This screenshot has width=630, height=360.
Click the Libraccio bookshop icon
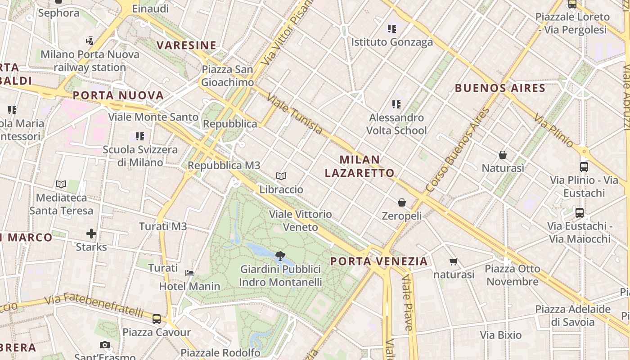pyautogui.click(x=281, y=176)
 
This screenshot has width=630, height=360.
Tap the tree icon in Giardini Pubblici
pyautogui.click(x=280, y=256)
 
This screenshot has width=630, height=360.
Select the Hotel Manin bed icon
pyautogui.click(x=189, y=273)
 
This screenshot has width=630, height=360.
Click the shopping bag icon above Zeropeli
pyautogui.click(x=402, y=203)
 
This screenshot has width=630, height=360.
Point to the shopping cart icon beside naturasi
pyautogui.click(x=453, y=261)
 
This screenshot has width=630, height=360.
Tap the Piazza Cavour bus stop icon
pyautogui.click(x=157, y=319)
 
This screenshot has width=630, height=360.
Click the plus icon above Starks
pyautogui.click(x=91, y=234)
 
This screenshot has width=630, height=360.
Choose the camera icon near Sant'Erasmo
pyautogui.click(x=105, y=345)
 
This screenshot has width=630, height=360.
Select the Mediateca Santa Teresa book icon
pyautogui.click(x=61, y=184)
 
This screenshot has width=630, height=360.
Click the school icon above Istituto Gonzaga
pyautogui.click(x=392, y=29)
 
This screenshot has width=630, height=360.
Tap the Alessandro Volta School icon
pyautogui.click(x=396, y=104)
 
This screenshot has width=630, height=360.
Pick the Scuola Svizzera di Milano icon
pyautogui.click(x=140, y=136)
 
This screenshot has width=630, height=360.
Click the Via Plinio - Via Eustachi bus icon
pyautogui.click(x=584, y=167)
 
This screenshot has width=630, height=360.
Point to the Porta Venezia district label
pyautogui.click(x=379, y=261)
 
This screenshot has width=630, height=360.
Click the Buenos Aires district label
pyautogui.click(x=500, y=88)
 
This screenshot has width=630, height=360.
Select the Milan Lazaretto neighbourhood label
pyautogui.click(x=360, y=166)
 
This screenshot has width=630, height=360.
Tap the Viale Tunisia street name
pyautogui.click(x=295, y=114)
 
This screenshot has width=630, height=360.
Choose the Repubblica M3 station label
pyautogui.click(x=224, y=165)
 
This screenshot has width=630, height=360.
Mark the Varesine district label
pyautogui.click(x=186, y=45)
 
